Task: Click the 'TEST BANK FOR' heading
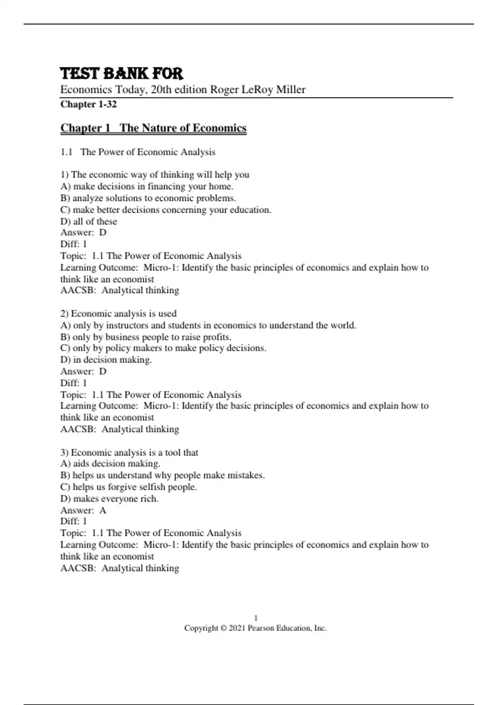[x=122, y=73]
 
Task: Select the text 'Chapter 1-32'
[x=88, y=104]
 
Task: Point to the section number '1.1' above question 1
[x=66, y=152]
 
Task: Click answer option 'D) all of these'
[x=89, y=221]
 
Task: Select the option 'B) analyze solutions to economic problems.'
[x=148, y=198]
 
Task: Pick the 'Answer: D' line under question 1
[x=83, y=232]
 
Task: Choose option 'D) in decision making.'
[x=106, y=360]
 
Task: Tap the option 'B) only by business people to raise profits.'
[x=146, y=337]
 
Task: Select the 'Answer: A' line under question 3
[x=83, y=510]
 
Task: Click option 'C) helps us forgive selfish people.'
[x=129, y=487]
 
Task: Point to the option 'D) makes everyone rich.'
[x=110, y=498]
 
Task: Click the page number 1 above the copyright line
[x=256, y=618]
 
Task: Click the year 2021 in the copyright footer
[x=237, y=628]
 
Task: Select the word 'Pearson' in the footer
[x=261, y=628]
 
